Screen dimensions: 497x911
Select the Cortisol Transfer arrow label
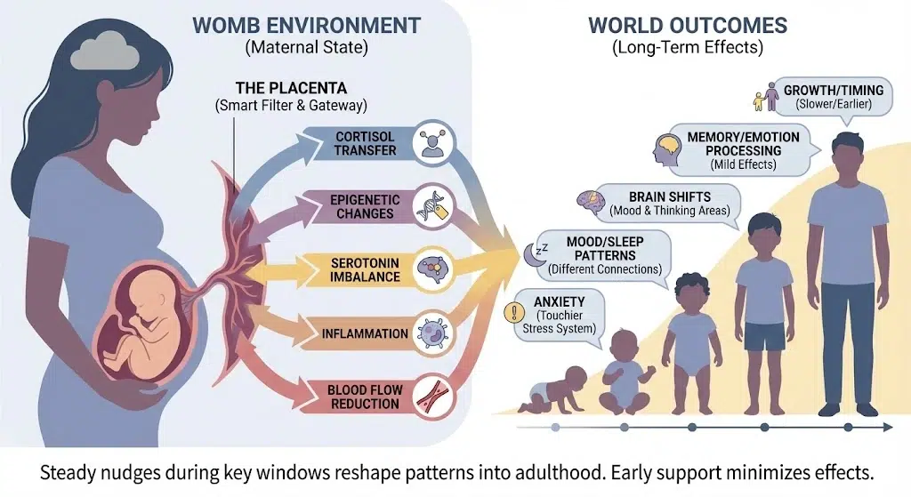click(x=366, y=144)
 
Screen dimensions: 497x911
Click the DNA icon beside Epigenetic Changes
click(x=434, y=205)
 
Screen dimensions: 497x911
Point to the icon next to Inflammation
click(x=434, y=333)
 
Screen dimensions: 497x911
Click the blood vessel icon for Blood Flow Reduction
click(x=434, y=396)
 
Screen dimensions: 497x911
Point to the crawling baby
click(x=552, y=386)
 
